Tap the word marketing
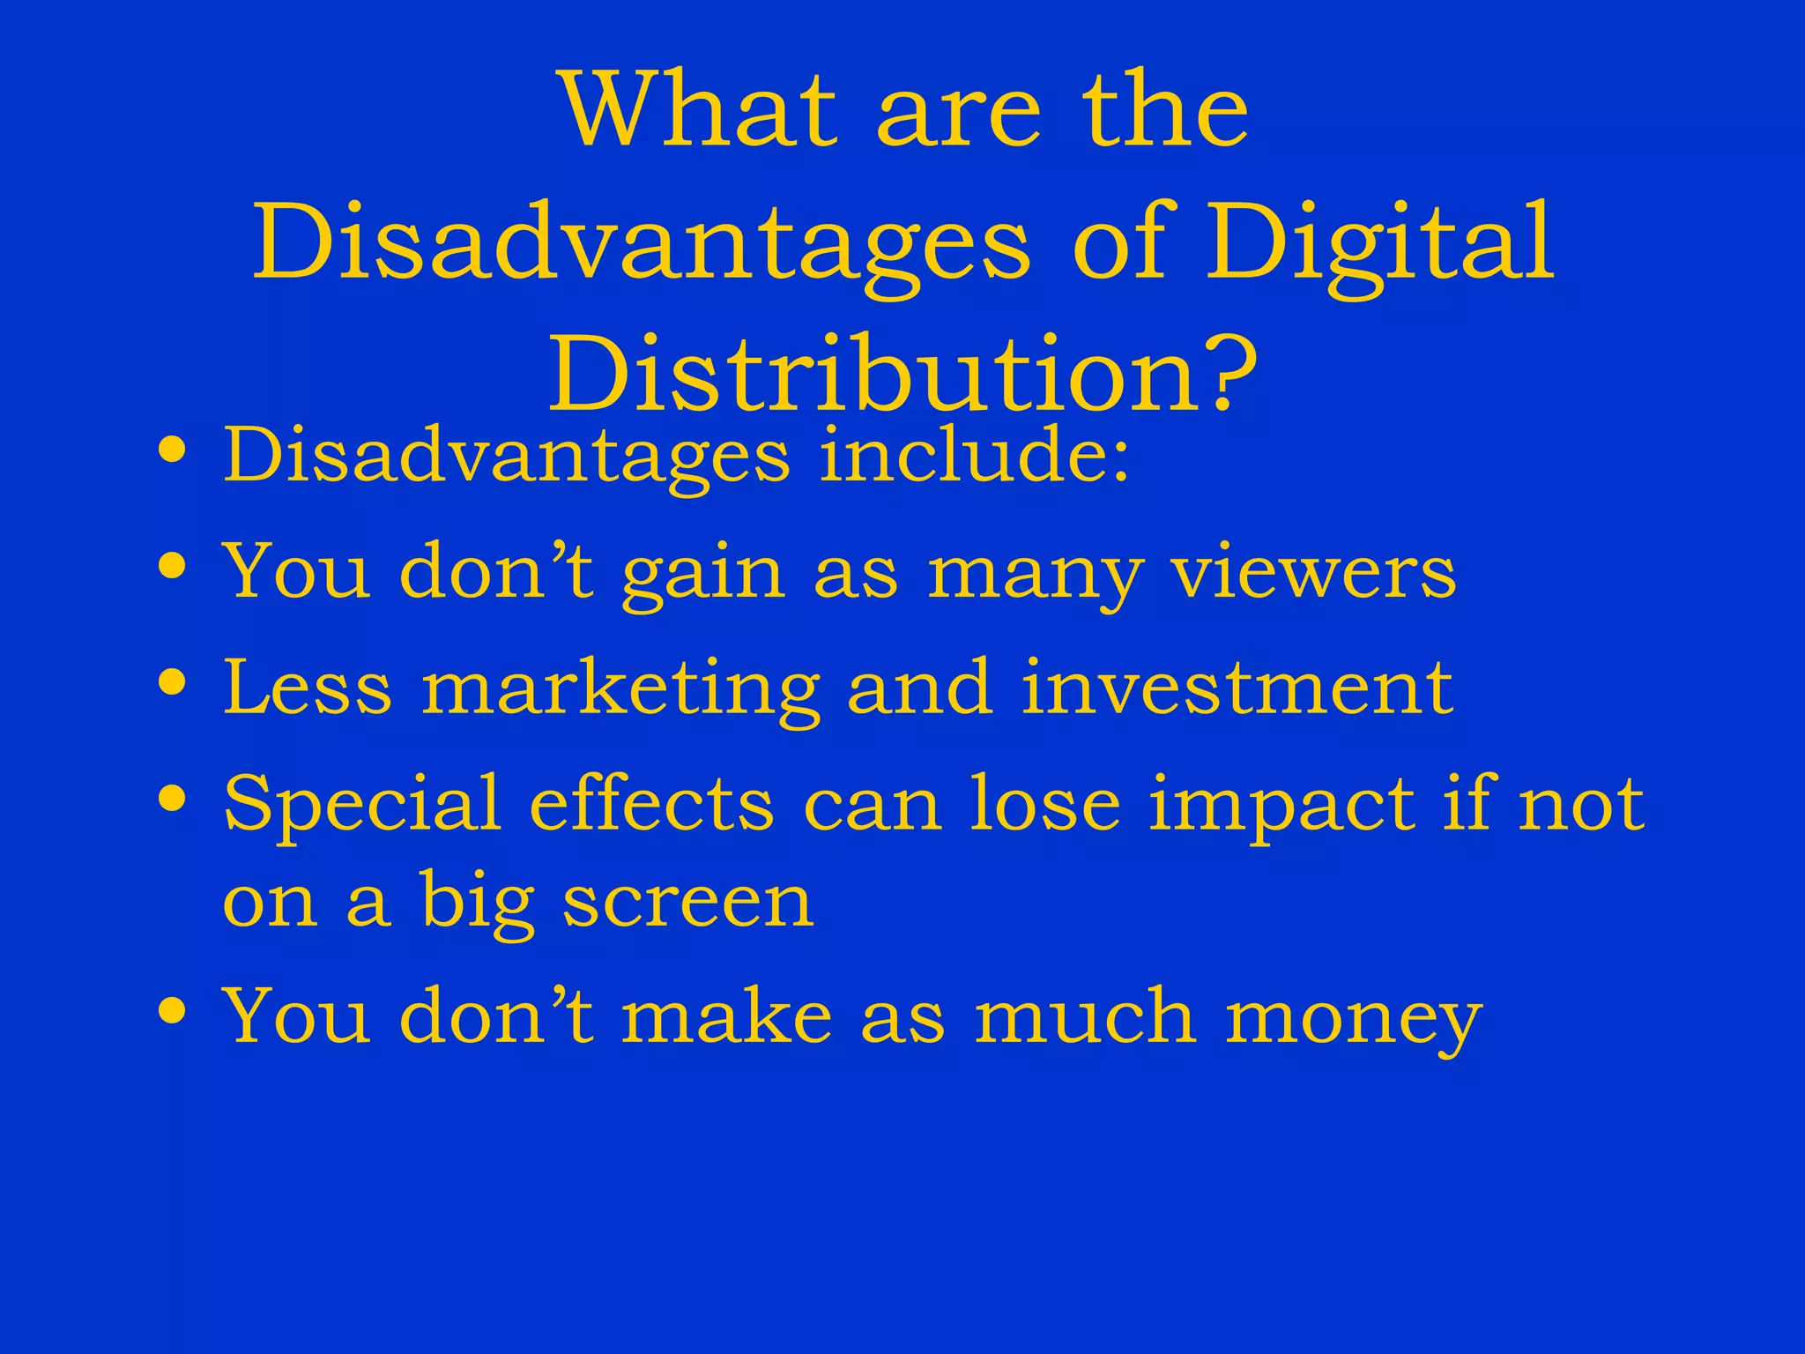tap(620, 690)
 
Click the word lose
tap(1045, 802)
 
